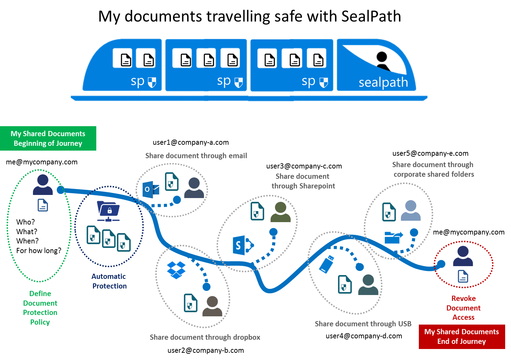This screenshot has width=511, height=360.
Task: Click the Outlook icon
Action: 151,190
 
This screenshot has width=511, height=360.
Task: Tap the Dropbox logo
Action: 176,270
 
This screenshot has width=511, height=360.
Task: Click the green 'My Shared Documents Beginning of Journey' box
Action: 48,139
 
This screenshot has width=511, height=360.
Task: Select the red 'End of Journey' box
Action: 461,337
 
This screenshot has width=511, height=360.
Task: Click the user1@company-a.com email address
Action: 191,142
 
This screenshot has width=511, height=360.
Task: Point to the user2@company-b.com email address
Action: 206,350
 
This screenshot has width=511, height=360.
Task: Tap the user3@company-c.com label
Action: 304,166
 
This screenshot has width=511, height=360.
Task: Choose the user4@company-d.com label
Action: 364,336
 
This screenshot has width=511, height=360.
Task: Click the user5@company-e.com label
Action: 430,153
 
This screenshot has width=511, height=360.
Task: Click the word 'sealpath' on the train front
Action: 383,83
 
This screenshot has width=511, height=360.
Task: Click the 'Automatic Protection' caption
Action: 109,281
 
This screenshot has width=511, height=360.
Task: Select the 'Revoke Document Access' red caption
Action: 463,308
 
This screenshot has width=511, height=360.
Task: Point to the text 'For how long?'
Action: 39,251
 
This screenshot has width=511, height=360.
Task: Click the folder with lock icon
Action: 108,211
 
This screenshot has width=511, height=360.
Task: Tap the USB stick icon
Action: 327,264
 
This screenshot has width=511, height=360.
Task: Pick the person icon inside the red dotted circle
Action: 463,256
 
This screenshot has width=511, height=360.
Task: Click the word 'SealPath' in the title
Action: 371,16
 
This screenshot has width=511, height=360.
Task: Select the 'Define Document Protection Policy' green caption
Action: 40,308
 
